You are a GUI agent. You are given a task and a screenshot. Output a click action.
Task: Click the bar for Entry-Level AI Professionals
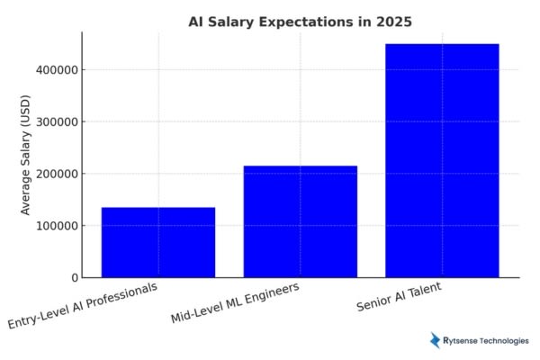coord(158,242)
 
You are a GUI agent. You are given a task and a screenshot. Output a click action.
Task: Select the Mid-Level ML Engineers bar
coord(300,221)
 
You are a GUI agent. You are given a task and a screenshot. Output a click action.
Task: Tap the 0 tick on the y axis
coord(74,277)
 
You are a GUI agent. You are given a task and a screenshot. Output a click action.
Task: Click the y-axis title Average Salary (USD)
coord(26,155)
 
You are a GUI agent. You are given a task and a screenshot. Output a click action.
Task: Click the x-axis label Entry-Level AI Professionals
coord(83,306)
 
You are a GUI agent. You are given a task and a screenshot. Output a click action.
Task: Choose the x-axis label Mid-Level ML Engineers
coord(235,302)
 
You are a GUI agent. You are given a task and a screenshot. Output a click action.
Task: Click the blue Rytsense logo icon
coord(436,340)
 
